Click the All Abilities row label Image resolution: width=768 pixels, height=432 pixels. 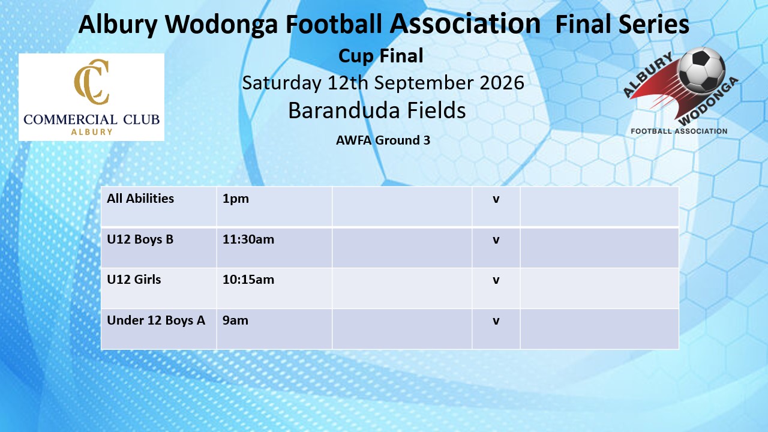[140, 199]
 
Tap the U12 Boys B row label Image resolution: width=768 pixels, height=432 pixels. [140, 239]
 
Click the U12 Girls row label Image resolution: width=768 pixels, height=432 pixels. [134, 280]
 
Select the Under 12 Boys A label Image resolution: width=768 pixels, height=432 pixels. [156, 320]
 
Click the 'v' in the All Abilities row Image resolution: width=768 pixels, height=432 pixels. [496, 199]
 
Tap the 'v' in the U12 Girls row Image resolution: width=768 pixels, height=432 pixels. [496, 280]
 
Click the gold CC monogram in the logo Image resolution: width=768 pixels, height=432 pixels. [92, 81]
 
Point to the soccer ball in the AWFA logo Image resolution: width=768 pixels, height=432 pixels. [702, 71]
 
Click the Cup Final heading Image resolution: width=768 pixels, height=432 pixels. [380, 56]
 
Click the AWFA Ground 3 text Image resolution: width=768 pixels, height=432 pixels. [383, 140]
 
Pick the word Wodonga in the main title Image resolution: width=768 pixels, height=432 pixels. [221, 25]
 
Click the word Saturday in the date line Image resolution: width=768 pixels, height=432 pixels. [282, 83]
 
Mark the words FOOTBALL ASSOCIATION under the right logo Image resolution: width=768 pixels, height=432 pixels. [679, 131]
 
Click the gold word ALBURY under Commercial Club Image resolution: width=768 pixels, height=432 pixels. [92, 132]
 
